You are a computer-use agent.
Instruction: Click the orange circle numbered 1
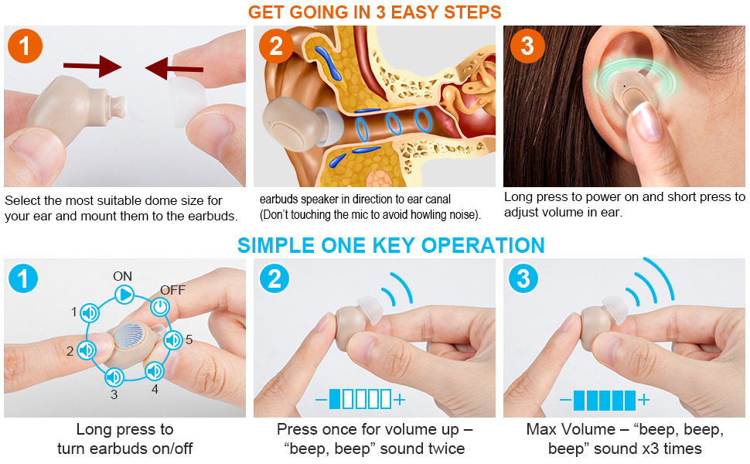tap(24, 46)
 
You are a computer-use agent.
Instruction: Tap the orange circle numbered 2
tap(276, 46)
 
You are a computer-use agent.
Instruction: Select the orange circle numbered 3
tap(527, 46)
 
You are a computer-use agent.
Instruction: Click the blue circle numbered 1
tap(23, 278)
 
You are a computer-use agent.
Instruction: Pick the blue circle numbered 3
tap(523, 278)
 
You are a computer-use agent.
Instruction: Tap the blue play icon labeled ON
tap(124, 294)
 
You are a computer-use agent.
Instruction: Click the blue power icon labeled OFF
tap(160, 307)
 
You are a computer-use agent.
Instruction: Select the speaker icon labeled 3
tap(114, 377)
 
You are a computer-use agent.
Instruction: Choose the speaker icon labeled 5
tap(172, 340)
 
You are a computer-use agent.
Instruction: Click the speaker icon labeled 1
tap(90, 312)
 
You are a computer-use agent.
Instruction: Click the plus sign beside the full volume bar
tap(643, 400)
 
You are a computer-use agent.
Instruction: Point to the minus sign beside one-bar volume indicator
tap(321, 400)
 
